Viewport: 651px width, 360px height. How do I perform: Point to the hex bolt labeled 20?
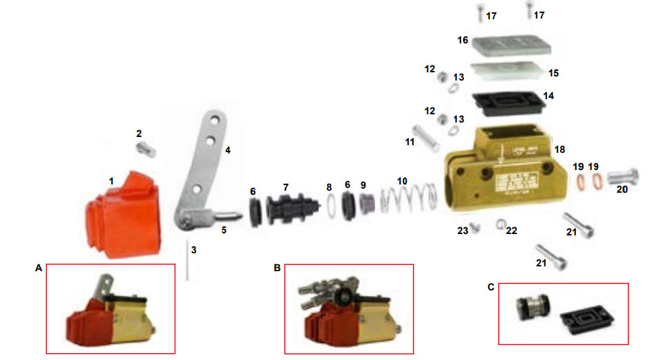click(619, 177)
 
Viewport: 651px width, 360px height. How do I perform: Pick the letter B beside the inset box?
click(277, 268)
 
